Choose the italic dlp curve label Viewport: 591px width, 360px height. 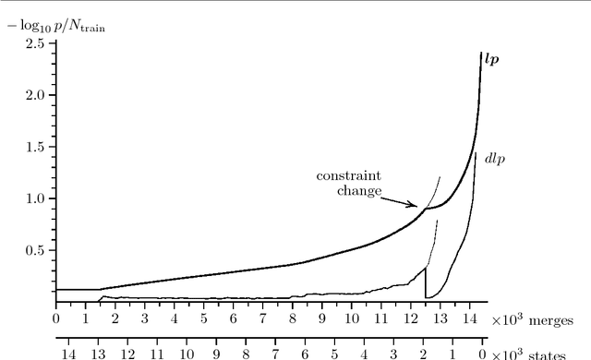tap(496, 159)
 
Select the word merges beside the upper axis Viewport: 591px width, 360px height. tap(553, 319)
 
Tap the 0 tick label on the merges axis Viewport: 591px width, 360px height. tap(55, 319)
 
